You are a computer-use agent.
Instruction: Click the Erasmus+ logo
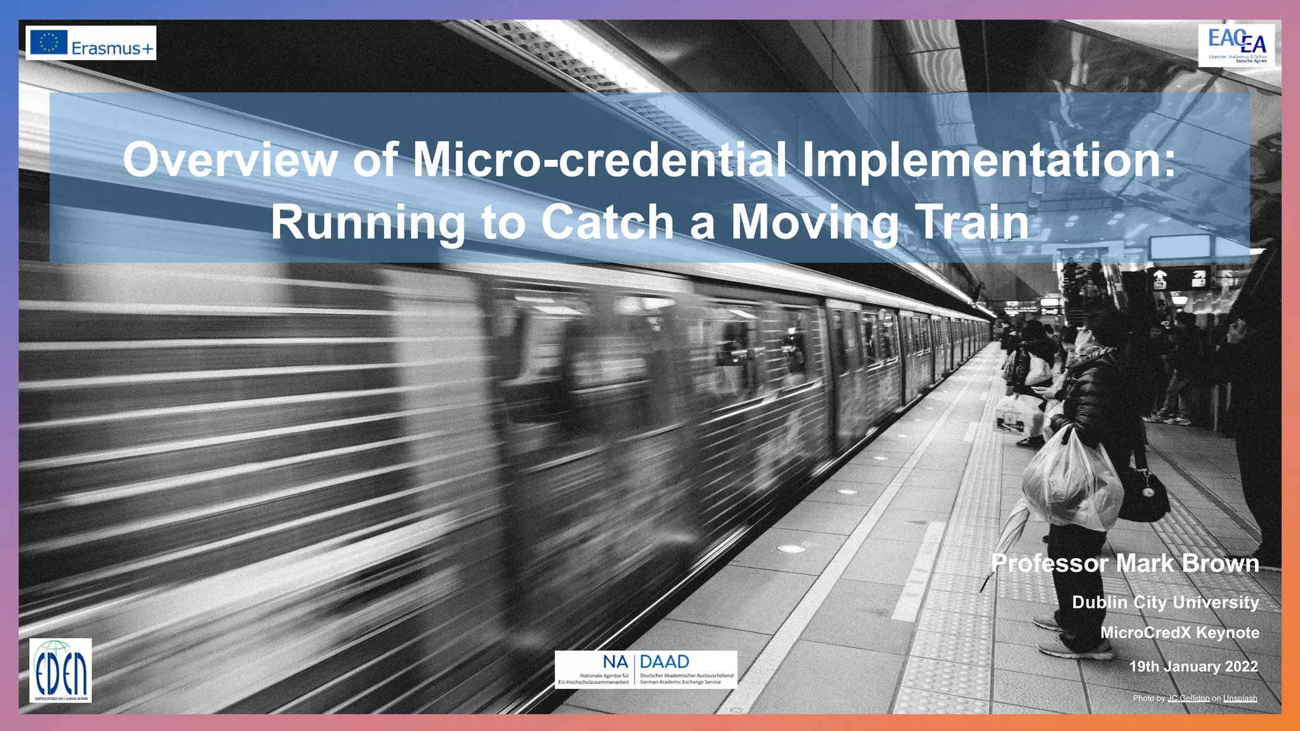tap(91, 43)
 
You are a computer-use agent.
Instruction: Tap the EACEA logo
tap(1236, 45)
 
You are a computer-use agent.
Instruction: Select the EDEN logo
tap(60, 671)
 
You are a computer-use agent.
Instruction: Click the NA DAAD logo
tap(646, 669)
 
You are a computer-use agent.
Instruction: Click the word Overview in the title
tap(230, 160)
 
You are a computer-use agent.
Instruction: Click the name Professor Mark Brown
tap(1125, 563)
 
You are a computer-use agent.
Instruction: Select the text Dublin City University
tap(1165, 602)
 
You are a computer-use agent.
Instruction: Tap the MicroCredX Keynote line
tap(1179, 633)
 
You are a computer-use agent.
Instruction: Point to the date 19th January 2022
tap(1193, 666)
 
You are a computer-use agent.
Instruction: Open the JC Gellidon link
tap(1188, 699)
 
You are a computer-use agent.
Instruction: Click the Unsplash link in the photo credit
tap(1240, 699)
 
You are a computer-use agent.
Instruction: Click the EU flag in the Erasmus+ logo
tap(48, 43)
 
